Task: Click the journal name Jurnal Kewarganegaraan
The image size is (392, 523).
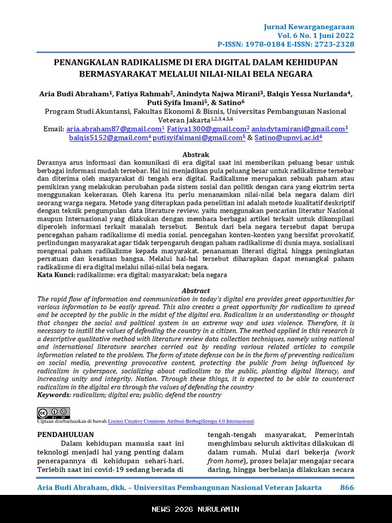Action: coord(309,27)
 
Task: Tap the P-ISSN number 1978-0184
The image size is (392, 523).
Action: coord(272,44)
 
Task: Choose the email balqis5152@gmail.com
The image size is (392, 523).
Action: coord(108,138)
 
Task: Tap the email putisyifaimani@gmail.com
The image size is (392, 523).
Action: coord(198,138)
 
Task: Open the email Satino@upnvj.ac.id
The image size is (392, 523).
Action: coord(287,138)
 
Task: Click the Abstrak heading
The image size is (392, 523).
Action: coord(196,155)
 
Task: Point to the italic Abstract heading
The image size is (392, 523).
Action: coord(196,291)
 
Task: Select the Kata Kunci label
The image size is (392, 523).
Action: coord(56,275)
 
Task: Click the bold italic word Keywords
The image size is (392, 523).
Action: coord(54,395)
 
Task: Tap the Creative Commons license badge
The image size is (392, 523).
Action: coord(54,413)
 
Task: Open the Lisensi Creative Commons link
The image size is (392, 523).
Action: coord(181,421)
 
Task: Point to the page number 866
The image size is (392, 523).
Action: coord(347,487)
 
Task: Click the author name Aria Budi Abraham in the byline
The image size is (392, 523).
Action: coord(74,94)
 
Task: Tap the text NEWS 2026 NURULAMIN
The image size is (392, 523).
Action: coord(195,509)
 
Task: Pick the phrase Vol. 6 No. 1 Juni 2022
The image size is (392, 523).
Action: coord(316,35)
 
